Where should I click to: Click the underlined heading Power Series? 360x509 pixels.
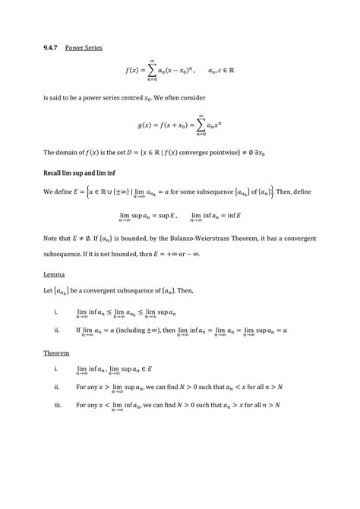(x=84, y=47)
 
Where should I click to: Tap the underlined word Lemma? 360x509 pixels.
(x=54, y=272)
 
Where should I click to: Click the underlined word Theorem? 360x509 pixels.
(x=57, y=353)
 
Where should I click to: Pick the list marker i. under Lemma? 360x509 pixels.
(x=56, y=311)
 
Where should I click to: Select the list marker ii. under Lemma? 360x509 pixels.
(x=57, y=330)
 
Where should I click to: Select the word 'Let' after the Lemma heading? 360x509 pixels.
(x=49, y=290)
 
